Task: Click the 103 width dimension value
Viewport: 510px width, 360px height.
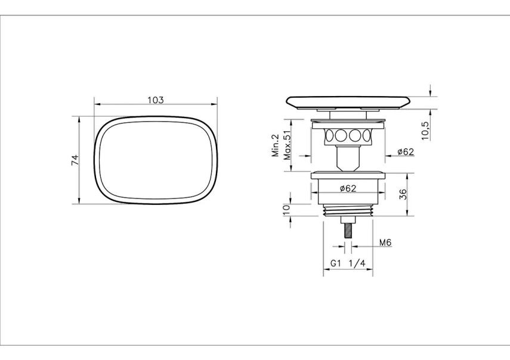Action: [155, 100]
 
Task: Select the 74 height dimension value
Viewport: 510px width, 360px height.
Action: [75, 160]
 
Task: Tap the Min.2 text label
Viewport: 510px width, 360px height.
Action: [276, 145]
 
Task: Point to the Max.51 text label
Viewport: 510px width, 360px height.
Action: [288, 145]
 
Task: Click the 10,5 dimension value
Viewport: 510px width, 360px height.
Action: [425, 130]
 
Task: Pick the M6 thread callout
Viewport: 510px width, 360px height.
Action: [385, 242]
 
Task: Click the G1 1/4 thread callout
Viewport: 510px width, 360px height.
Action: [348, 263]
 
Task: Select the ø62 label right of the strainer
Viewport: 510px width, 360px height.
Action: [406, 152]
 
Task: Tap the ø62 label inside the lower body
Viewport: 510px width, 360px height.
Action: [348, 189]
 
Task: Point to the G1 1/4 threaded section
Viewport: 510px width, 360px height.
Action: [348, 210]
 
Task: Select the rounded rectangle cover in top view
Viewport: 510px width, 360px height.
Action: [155, 159]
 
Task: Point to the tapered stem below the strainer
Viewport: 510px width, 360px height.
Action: [348, 156]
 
